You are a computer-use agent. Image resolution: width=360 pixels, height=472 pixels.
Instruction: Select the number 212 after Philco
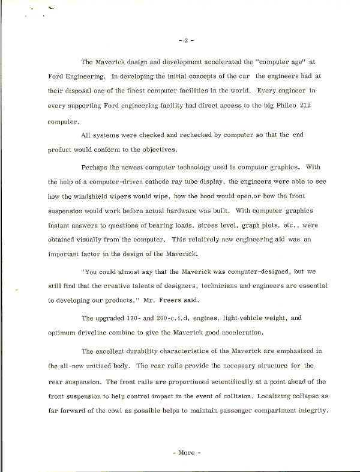click(319, 106)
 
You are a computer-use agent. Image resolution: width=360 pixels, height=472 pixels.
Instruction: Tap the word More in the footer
click(186, 453)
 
